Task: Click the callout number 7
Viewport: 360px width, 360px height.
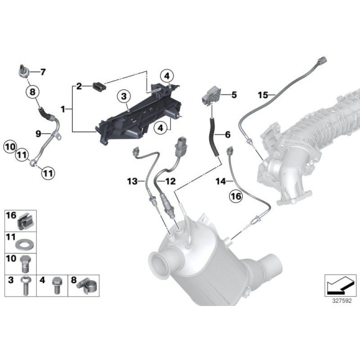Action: (x=43, y=72)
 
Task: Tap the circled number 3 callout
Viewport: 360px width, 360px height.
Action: (x=124, y=96)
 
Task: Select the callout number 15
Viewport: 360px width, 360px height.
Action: (x=263, y=95)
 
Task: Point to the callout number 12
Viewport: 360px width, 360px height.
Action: (x=170, y=181)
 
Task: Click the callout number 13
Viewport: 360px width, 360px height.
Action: (x=132, y=181)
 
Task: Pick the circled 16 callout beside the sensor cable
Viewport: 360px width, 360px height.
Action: (x=236, y=197)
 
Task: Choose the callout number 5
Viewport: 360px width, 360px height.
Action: (x=234, y=95)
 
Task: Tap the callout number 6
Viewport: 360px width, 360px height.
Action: (x=228, y=135)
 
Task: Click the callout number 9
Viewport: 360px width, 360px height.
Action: (x=38, y=133)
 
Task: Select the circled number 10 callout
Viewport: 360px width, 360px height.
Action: (x=10, y=147)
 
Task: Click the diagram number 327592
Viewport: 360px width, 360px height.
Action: (x=342, y=301)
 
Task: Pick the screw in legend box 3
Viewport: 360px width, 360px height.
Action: (x=25, y=286)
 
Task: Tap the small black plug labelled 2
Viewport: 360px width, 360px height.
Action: (x=99, y=88)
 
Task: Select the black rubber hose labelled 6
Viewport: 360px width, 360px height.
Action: (x=214, y=137)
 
